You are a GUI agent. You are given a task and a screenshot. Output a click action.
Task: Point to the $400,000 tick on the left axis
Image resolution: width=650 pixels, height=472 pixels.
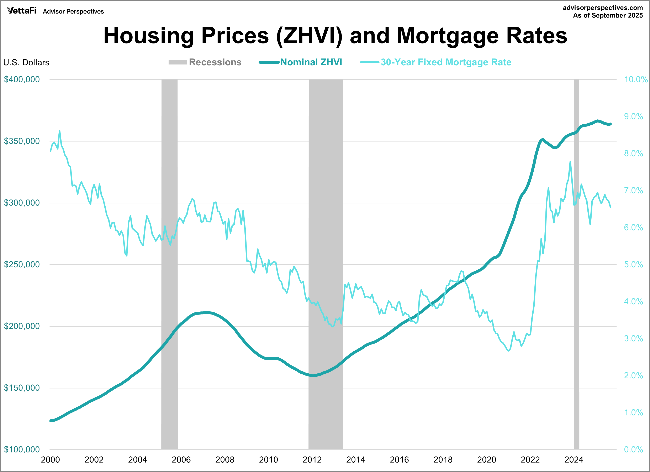[x=22, y=79]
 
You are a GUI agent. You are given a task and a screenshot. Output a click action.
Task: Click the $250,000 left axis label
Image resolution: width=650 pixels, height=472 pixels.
[x=22, y=264]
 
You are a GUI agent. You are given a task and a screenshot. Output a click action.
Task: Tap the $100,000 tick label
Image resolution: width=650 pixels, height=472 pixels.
[x=22, y=449]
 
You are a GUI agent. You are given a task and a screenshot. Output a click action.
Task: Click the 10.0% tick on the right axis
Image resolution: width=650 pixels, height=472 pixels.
[x=636, y=79]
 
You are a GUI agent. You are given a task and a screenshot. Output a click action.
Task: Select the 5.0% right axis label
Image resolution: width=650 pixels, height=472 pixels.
[x=633, y=264]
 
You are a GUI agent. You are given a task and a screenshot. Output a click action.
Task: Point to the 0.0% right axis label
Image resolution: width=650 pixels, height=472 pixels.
[x=633, y=449]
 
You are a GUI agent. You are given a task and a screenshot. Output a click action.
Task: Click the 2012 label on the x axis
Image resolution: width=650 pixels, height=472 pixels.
[x=312, y=460]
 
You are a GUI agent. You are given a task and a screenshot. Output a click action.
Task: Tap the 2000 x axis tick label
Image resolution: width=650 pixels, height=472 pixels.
[x=51, y=460]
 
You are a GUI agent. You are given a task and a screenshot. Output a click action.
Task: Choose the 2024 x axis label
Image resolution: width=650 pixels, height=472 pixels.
[x=574, y=460]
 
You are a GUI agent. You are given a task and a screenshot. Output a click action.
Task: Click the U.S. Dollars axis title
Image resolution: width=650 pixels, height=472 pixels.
[x=26, y=63]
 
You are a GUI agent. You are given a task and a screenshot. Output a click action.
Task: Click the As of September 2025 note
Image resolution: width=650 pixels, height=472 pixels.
[x=608, y=15]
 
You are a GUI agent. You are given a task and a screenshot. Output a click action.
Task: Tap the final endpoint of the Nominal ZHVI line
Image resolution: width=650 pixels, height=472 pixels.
[x=611, y=124]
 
